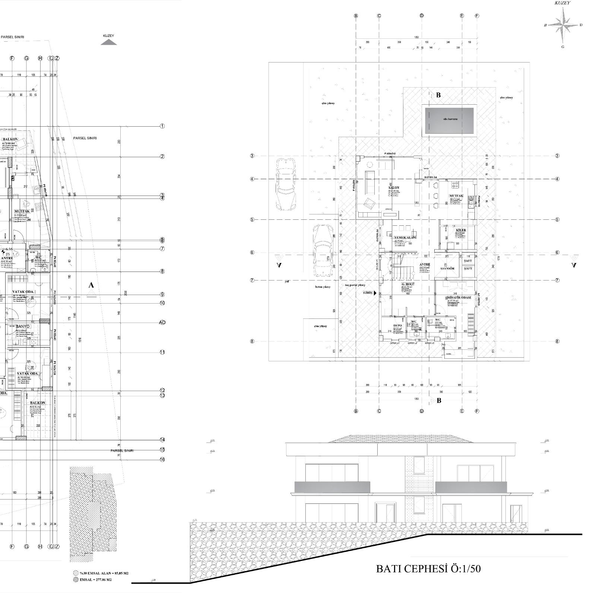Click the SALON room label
(394, 188)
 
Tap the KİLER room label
(461, 230)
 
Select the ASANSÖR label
(447, 268)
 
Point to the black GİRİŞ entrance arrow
(375, 293)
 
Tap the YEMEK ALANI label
(405, 237)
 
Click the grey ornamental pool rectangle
(450, 120)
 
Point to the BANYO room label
(23, 326)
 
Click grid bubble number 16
(162, 460)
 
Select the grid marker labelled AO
(162, 323)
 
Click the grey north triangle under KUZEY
(108, 42)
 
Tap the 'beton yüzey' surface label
(323, 287)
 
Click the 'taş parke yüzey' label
(355, 285)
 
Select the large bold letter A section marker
(91, 285)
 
